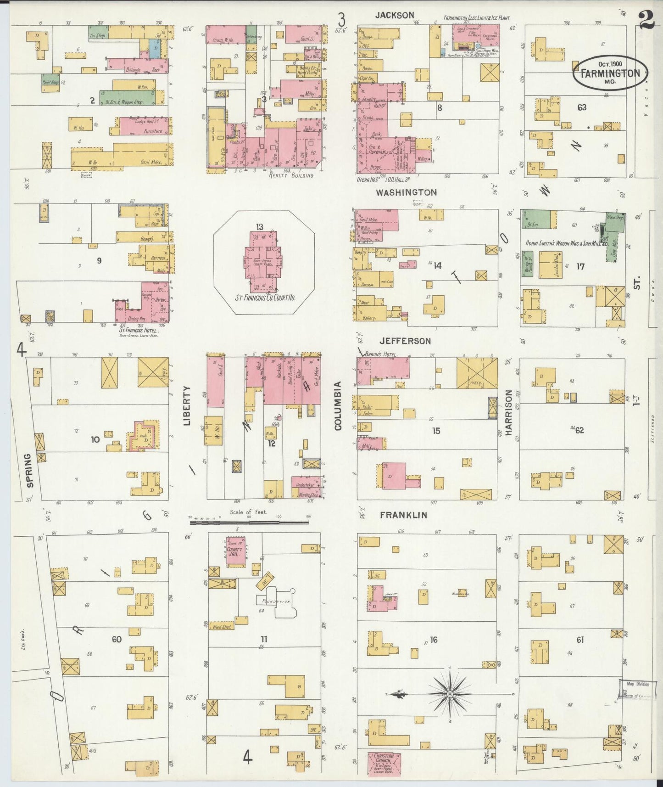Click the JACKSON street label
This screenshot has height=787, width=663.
click(395, 15)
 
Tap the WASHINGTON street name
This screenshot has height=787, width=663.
click(406, 192)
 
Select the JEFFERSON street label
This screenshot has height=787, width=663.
click(405, 341)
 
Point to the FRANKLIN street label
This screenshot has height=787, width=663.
click(403, 515)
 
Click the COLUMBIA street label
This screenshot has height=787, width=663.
click(338, 406)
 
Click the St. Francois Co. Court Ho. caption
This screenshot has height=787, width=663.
click(265, 298)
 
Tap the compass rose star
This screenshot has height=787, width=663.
click(450, 694)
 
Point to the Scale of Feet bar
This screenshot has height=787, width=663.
click(249, 522)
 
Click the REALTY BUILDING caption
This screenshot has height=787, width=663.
click(291, 175)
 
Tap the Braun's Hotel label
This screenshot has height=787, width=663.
click(380, 354)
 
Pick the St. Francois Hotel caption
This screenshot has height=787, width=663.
click(138, 330)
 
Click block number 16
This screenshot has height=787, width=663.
click(434, 640)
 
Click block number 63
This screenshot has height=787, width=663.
click(582, 107)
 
